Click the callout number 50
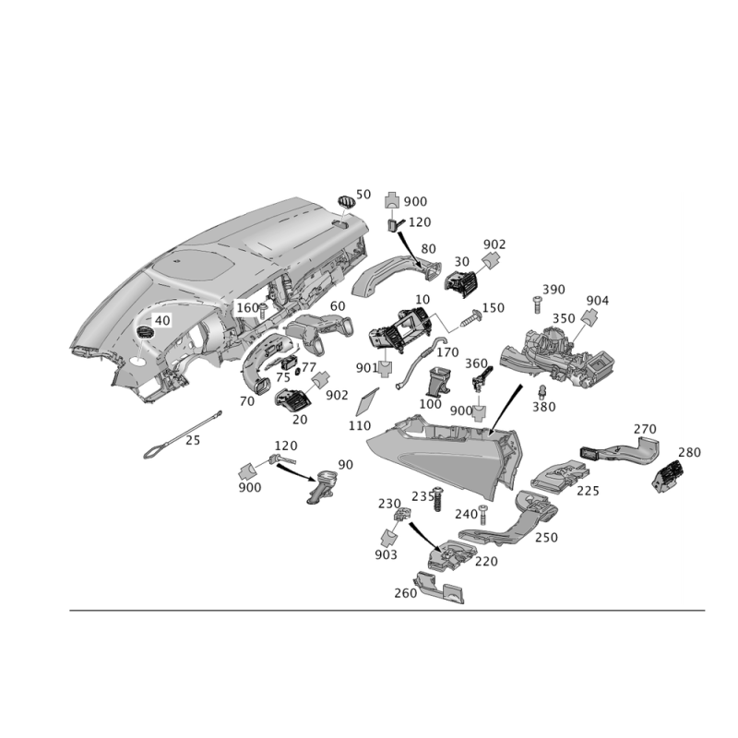(x=363, y=195)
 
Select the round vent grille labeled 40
(x=145, y=331)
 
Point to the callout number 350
(x=564, y=318)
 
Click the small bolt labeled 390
(x=536, y=304)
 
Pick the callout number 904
(x=597, y=301)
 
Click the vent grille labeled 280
(x=667, y=476)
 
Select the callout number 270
(x=644, y=429)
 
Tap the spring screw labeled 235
(x=438, y=499)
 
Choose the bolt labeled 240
(x=483, y=516)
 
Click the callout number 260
(x=406, y=593)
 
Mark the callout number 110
(x=360, y=426)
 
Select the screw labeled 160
(x=263, y=310)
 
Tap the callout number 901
(x=366, y=368)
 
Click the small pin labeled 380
(x=542, y=391)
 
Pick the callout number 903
(x=386, y=555)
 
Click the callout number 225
(x=588, y=491)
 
